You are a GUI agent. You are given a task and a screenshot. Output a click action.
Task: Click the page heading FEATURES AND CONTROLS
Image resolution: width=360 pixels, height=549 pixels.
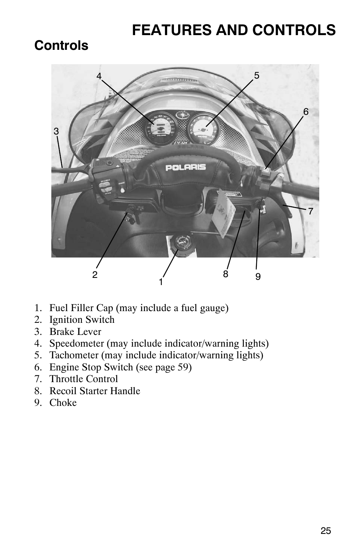tap(234, 30)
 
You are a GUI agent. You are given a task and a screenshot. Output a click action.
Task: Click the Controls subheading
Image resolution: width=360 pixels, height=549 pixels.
tap(61, 46)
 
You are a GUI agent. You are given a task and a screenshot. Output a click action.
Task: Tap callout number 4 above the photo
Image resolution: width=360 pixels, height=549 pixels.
tap(99, 76)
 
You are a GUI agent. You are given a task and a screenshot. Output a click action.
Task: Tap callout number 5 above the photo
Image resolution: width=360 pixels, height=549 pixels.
tap(257, 76)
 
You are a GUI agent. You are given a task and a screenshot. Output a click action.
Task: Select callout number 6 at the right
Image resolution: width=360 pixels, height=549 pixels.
tap(306, 112)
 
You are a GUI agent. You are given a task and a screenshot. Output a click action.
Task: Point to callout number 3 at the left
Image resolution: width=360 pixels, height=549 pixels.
tap(56, 131)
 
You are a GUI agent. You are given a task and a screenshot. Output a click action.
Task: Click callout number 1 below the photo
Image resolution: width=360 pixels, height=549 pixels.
tap(161, 282)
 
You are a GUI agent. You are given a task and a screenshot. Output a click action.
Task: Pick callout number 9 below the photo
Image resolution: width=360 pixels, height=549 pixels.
tap(258, 276)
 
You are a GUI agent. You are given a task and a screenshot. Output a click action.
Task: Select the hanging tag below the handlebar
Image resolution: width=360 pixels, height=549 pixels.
tap(223, 213)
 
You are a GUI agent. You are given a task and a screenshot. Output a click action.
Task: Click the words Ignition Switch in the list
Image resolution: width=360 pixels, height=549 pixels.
tap(82, 320)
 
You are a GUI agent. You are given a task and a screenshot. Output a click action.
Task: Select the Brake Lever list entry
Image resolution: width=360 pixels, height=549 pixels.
tap(75, 332)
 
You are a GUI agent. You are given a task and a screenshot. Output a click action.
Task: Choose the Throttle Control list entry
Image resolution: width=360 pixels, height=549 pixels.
tap(83, 379)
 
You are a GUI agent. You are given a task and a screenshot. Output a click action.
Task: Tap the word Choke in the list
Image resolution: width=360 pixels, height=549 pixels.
tap(63, 403)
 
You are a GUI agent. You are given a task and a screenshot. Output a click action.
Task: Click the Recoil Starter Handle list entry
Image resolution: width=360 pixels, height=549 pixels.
tap(95, 391)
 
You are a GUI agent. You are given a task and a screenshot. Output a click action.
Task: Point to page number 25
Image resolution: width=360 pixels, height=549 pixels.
tap(326, 531)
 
